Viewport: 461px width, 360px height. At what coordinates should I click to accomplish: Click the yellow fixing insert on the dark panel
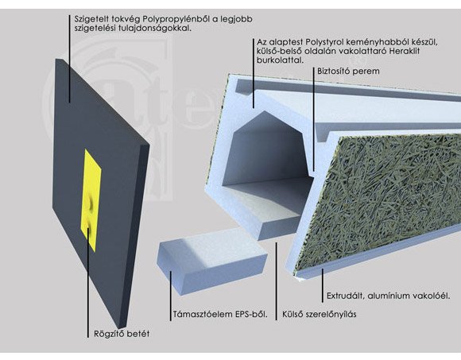coord(91,199)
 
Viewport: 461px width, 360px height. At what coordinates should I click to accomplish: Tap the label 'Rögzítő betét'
coord(122,334)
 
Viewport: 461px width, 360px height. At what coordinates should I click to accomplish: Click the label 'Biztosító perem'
coord(348,71)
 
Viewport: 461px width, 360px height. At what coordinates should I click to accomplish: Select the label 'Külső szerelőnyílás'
coord(320,314)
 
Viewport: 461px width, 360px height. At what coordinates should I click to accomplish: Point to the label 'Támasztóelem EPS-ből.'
coord(220,314)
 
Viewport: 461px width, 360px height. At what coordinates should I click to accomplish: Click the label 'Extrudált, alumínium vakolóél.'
coord(389,296)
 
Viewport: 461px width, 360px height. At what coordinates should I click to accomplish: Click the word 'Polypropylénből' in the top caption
coord(176,19)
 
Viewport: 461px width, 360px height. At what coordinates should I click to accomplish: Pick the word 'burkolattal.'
coord(281,60)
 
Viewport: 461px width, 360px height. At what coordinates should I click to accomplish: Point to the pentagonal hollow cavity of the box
coord(265,153)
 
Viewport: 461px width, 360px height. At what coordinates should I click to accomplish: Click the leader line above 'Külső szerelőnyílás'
coord(276,281)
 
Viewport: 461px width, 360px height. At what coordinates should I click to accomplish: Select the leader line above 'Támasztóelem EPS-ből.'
coord(171,296)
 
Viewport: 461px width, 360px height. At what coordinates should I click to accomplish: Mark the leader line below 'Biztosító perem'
coord(314,118)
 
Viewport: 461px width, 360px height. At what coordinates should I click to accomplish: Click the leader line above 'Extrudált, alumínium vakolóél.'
coord(323,285)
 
